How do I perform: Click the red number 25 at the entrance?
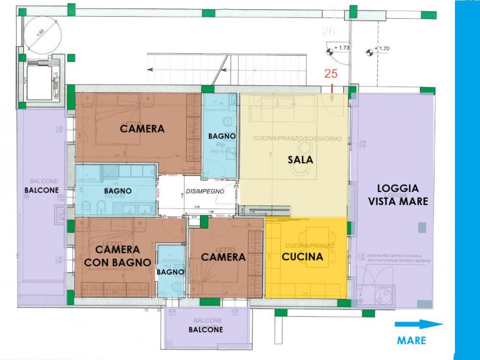330,74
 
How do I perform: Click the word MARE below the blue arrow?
411,340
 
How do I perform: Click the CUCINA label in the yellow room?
302,257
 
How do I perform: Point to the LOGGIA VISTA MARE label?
397,195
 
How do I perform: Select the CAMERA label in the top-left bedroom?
142,129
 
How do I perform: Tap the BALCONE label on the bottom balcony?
205,330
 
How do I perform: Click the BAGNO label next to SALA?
222,136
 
